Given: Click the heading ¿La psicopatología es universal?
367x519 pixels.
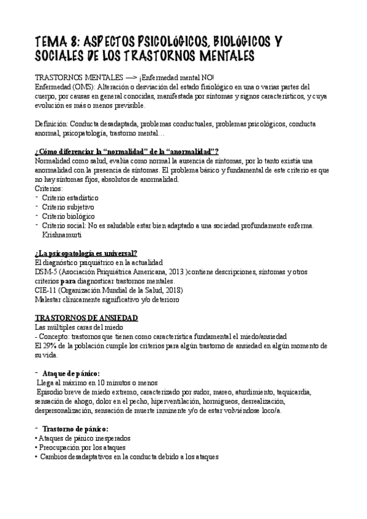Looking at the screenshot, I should pos(86,253).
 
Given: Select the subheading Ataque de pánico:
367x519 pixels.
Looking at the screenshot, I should pos(72,373).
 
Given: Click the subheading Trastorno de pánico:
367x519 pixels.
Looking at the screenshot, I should pos(76,430).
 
